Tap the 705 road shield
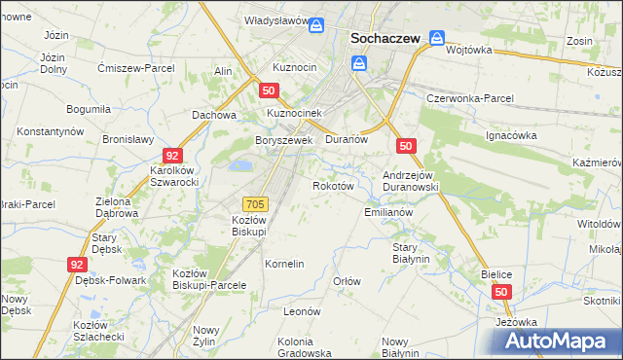tap(256, 203)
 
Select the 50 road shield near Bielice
tap(501, 292)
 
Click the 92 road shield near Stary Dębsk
tap(77, 264)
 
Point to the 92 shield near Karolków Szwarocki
tap(172, 156)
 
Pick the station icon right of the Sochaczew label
tap(437, 40)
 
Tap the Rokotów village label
tap(331, 186)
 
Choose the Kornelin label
tap(285, 264)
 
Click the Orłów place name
tap(348, 281)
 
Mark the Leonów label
tap(302, 311)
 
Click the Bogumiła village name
tap(89, 110)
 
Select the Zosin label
tap(580, 43)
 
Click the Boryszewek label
tap(283, 140)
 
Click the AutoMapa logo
tap(556, 342)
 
